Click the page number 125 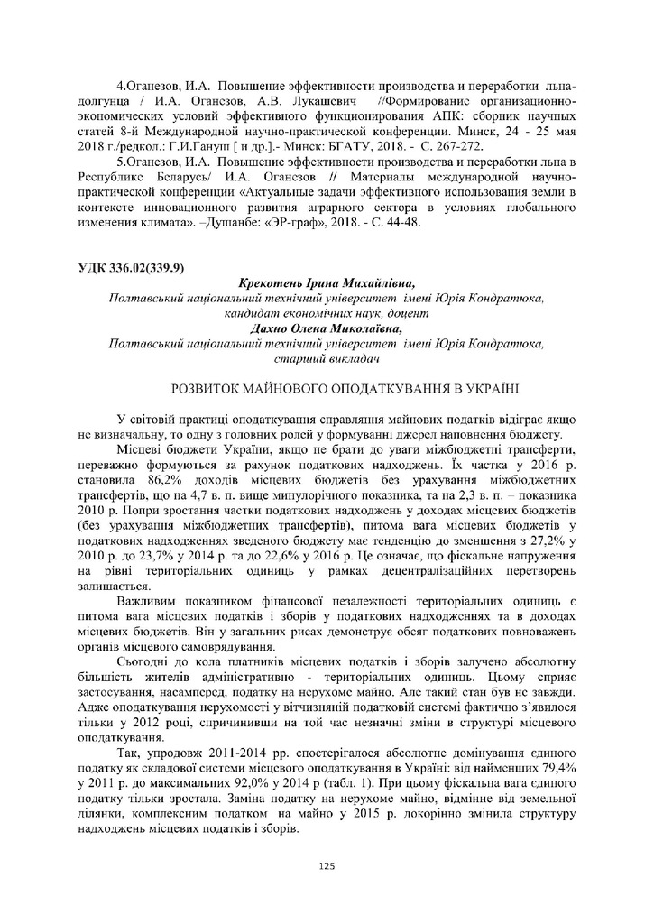(327, 866)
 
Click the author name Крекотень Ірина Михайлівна (326, 283)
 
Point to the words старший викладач (326, 358)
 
